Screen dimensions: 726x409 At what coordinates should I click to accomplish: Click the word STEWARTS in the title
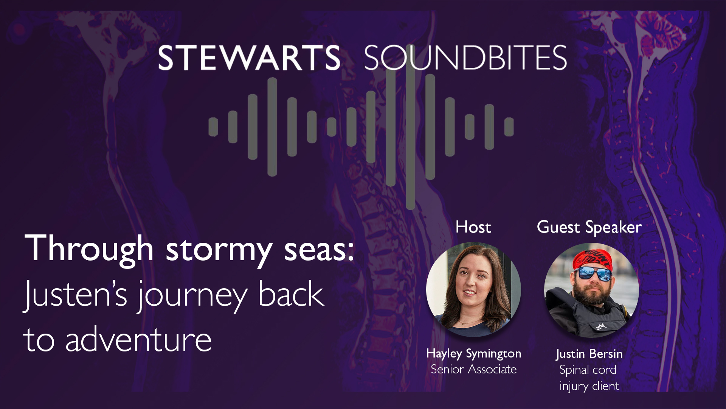(x=249, y=58)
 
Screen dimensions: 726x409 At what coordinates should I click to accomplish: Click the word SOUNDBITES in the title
(x=465, y=58)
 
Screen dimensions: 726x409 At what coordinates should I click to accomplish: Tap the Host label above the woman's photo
(x=473, y=227)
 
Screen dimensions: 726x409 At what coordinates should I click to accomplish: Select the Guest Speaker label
(x=589, y=228)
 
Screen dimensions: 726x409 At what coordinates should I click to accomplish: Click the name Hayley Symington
(x=473, y=354)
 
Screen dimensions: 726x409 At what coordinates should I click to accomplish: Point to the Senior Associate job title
(x=473, y=369)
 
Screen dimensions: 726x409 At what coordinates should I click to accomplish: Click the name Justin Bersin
(x=589, y=354)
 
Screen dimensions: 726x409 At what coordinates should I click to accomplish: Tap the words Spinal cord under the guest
(x=588, y=370)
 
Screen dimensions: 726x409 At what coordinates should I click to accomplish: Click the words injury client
(x=589, y=386)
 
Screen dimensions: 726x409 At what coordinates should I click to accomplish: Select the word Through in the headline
(x=89, y=249)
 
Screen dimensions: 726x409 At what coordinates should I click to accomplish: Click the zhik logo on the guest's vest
(x=601, y=326)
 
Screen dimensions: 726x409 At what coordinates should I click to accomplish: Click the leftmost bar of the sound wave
(x=213, y=127)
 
